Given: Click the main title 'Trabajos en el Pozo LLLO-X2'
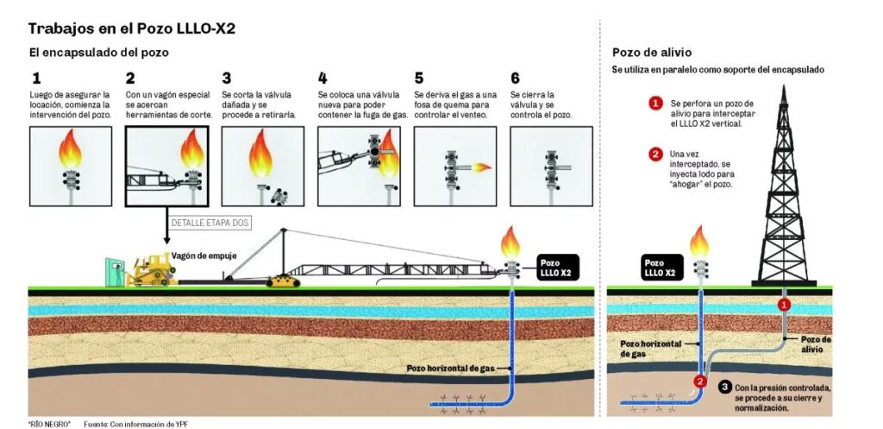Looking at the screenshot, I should point(132,28).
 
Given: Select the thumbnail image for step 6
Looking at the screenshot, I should point(551,167).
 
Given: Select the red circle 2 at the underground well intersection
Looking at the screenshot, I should point(701,382).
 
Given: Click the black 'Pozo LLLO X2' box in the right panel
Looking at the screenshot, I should point(661,267).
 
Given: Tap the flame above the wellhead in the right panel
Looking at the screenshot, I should point(699,241).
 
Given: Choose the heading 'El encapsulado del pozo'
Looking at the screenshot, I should point(98,53).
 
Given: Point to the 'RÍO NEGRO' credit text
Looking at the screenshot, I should point(48,423).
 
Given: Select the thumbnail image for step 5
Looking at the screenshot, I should point(454,167).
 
